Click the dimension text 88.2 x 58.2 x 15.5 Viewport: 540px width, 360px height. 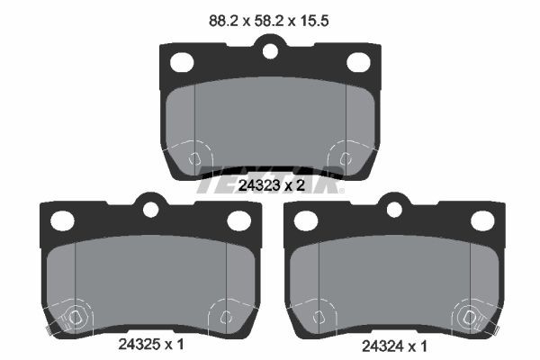pyautogui.click(x=268, y=21)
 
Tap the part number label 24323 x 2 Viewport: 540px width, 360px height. pyautogui.click(x=272, y=185)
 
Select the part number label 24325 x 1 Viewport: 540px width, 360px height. pyautogui.click(x=151, y=344)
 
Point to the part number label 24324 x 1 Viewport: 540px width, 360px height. pyautogui.click(x=394, y=346)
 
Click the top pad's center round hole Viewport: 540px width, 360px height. pyautogui.click(x=270, y=51)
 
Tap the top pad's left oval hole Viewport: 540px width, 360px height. pyautogui.click(x=182, y=62)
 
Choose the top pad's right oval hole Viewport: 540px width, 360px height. pyautogui.click(x=358, y=62)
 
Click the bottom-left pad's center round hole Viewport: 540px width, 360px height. pyautogui.click(x=151, y=210)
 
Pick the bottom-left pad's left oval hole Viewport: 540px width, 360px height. pyautogui.click(x=62, y=220)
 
